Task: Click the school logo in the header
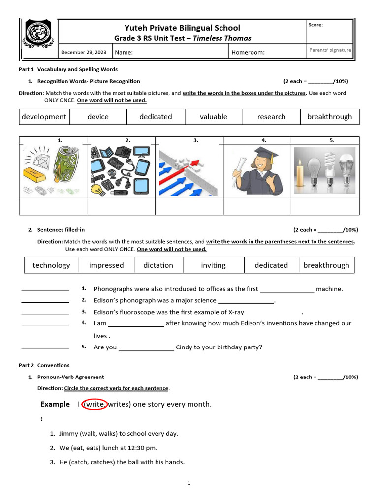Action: (x=38, y=37)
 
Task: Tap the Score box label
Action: (x=315, y=25)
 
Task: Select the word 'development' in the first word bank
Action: (x=44, y=117)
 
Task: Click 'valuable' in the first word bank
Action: (x=214, y=117)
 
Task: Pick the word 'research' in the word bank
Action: (x=271, y=117)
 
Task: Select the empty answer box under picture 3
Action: (x=189, y=206)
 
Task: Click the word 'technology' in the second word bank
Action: (x=51, y=265)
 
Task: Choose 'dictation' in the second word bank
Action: (x=158, y=265)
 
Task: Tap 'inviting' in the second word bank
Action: (x=213, y=265)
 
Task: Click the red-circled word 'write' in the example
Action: (x=93, y=404)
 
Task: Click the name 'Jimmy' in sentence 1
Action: (x=68, y=434)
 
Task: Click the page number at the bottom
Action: (x=189, y=484)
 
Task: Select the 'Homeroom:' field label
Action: (x=248, y=52)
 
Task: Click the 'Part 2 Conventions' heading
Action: (x=44, y=365)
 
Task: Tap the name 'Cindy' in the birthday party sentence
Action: (x=185, y=347)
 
